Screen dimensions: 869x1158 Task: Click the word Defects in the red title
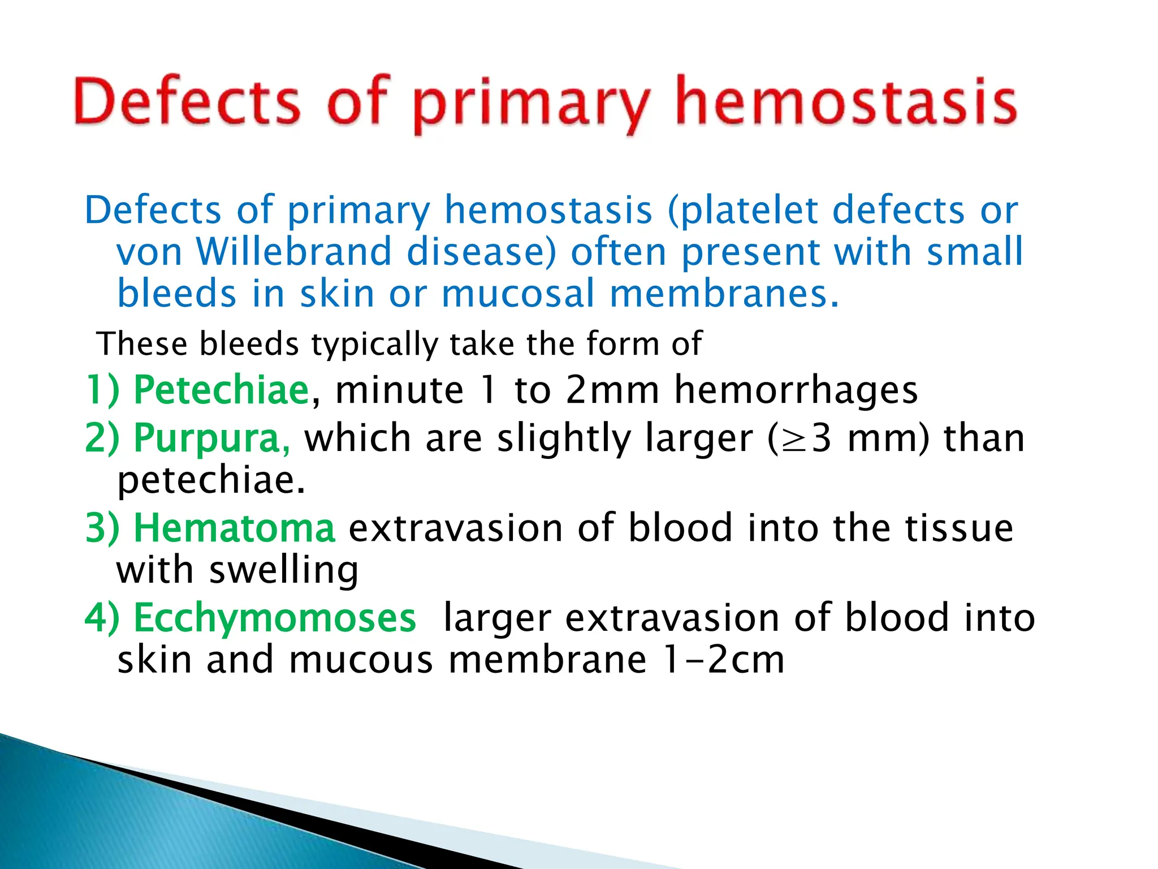[187, 102]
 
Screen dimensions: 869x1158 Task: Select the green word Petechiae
[221, 390]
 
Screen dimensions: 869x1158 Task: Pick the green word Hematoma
[234, 528]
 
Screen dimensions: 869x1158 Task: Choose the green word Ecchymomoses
[275, 618]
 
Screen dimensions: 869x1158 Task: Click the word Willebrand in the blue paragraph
[293, 252]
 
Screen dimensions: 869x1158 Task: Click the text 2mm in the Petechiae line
[612, 390]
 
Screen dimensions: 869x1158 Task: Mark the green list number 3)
[102, 528]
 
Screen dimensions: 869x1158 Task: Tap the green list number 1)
[102, 390]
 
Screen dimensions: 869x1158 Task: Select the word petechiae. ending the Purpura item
[211, 481]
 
